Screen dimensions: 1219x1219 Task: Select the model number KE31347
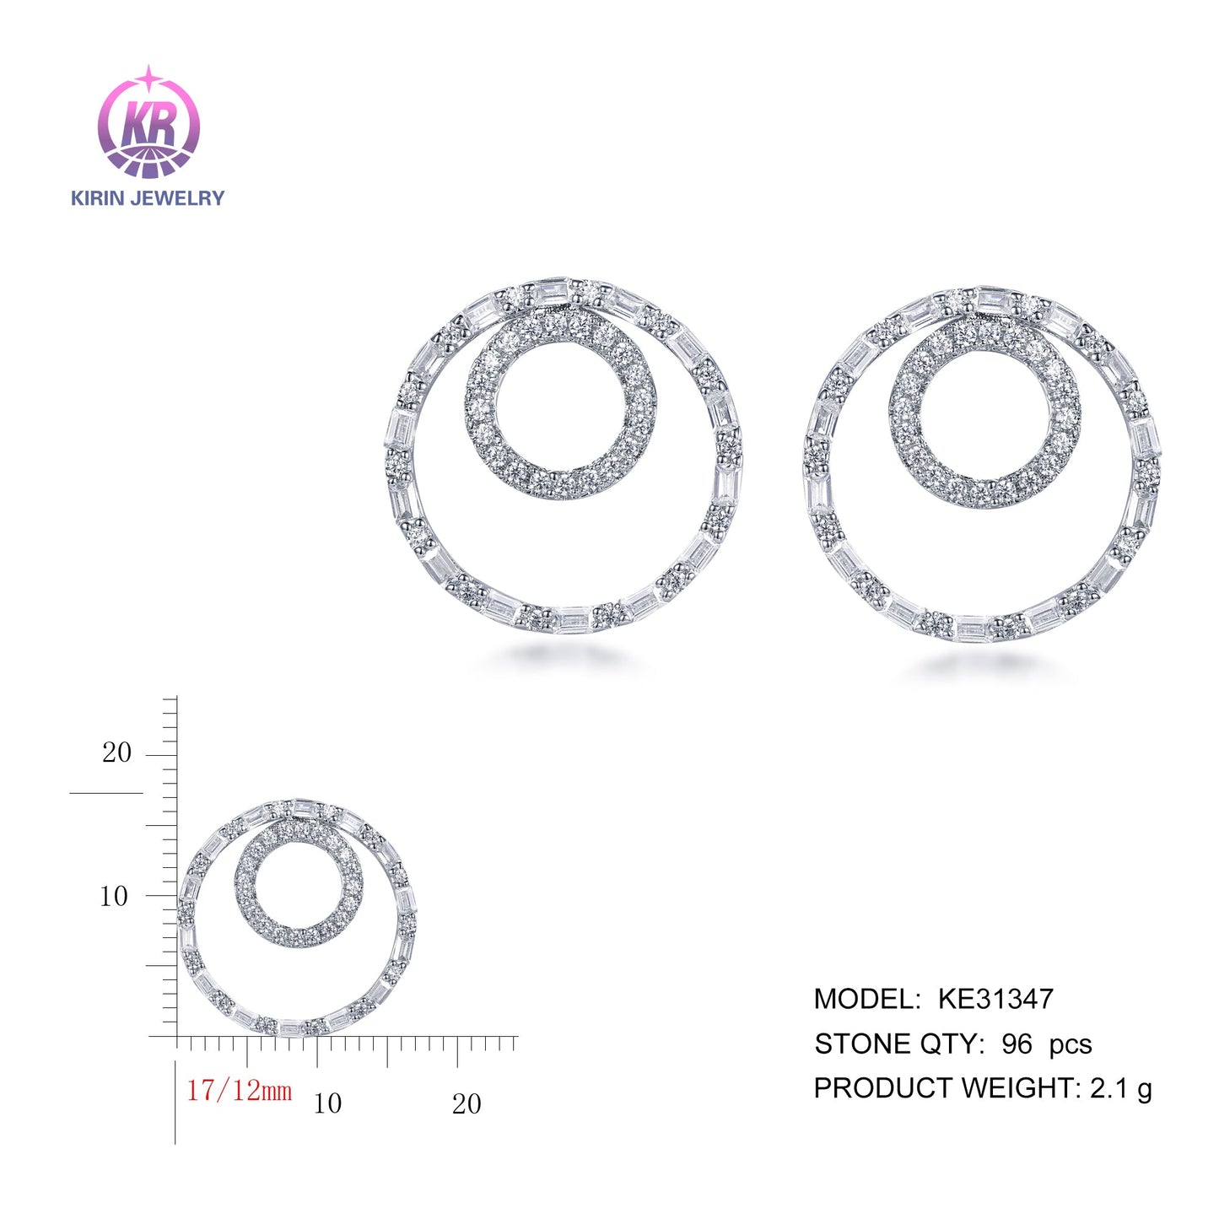pos(995,999)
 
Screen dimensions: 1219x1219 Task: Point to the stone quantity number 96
pos(1017,1044)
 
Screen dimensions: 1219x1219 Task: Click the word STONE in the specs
pos(856,1044)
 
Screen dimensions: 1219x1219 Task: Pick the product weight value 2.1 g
pos(1121,1089)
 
